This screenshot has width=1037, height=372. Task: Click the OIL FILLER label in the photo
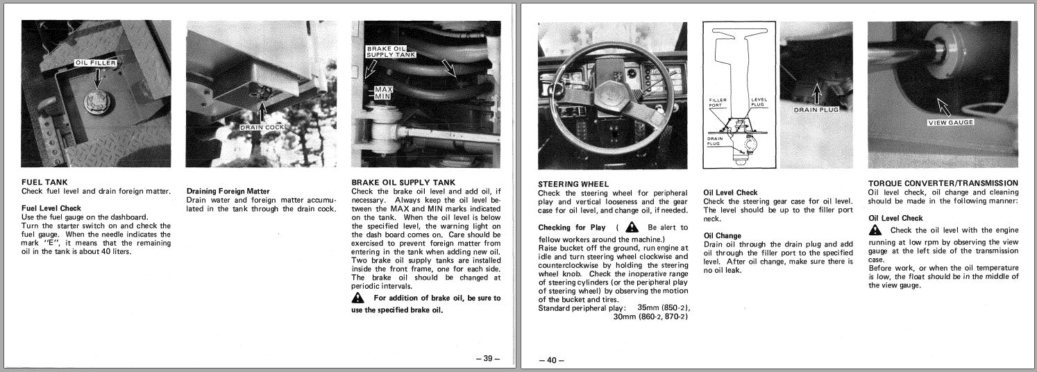coord(96,63)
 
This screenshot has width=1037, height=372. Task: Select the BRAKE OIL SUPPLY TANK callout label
coord(385,51)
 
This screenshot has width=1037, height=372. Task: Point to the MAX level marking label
coord(384,90)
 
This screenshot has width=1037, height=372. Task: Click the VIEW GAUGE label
coord(951,123)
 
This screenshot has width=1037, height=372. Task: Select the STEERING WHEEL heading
coord(573,184)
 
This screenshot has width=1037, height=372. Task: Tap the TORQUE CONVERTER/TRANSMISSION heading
coord(943,183)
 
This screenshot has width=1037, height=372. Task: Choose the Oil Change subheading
coord(722,235)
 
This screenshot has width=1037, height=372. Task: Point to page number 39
coord(487,358)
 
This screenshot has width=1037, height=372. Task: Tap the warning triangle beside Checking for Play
coord(632,227)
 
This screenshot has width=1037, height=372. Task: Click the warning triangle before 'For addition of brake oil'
coord(358,298)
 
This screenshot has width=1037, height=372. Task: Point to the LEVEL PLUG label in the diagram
coord(759,102)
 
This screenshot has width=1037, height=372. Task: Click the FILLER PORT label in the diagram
coord(718,102)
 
